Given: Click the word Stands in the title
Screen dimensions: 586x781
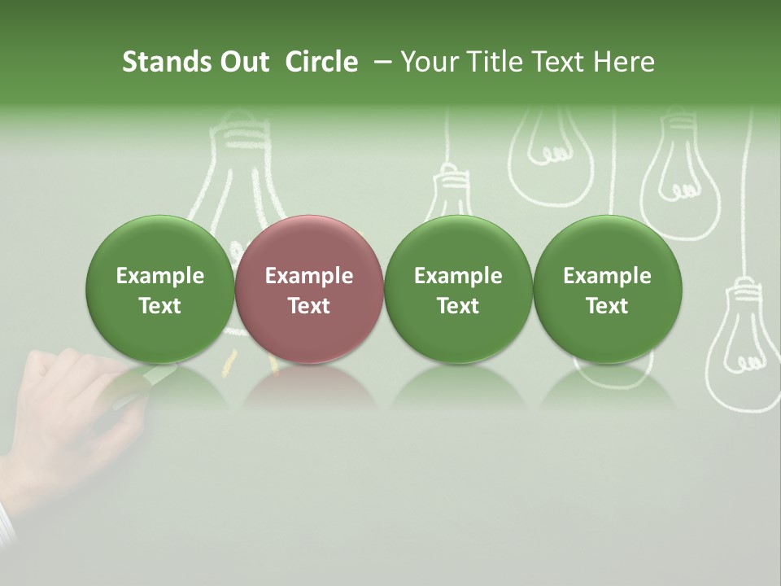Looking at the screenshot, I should [x=159, y=62].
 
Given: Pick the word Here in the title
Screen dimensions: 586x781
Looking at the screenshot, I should [x=625, y=62].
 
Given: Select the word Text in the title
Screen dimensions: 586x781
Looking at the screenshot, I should [x=558, y=62].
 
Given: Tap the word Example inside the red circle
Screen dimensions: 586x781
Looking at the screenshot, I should [x=309, y=276].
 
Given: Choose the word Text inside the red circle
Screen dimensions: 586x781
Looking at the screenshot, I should [x=309, y=306].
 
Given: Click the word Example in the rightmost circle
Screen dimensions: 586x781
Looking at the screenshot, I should [x=607, y=276].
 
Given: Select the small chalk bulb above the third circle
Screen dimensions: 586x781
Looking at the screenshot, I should [x=448, y=195].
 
